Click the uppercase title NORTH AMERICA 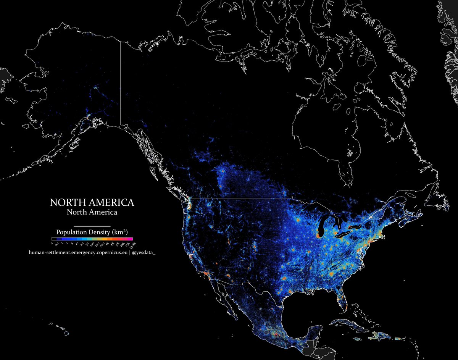point(92,202)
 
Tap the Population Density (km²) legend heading point(92,232)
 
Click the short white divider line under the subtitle point(92,226)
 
